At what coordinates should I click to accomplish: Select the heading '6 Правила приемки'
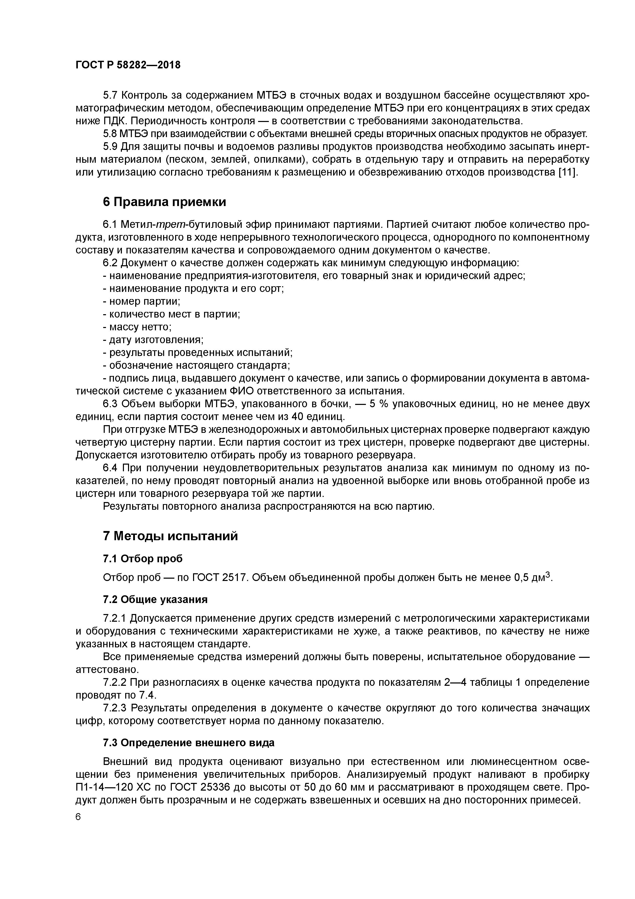164,202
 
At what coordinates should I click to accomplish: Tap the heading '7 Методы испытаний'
170,536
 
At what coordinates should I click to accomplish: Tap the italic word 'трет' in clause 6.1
167,224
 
